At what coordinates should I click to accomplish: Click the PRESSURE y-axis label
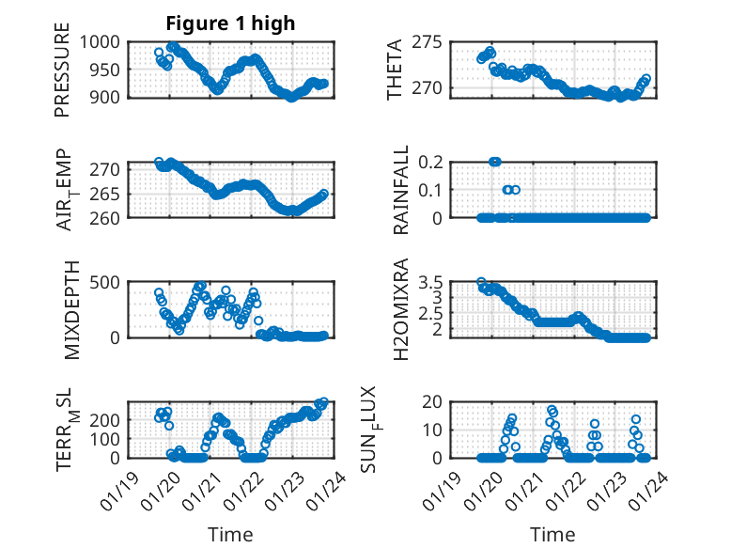(x=62, y=76)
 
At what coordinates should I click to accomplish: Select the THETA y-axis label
(x=395, y=70)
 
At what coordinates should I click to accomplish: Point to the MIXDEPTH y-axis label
(x=72, y=311)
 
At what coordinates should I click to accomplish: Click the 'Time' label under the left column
(x=230, y=534)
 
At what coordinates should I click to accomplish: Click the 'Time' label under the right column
(x=553, y=534)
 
